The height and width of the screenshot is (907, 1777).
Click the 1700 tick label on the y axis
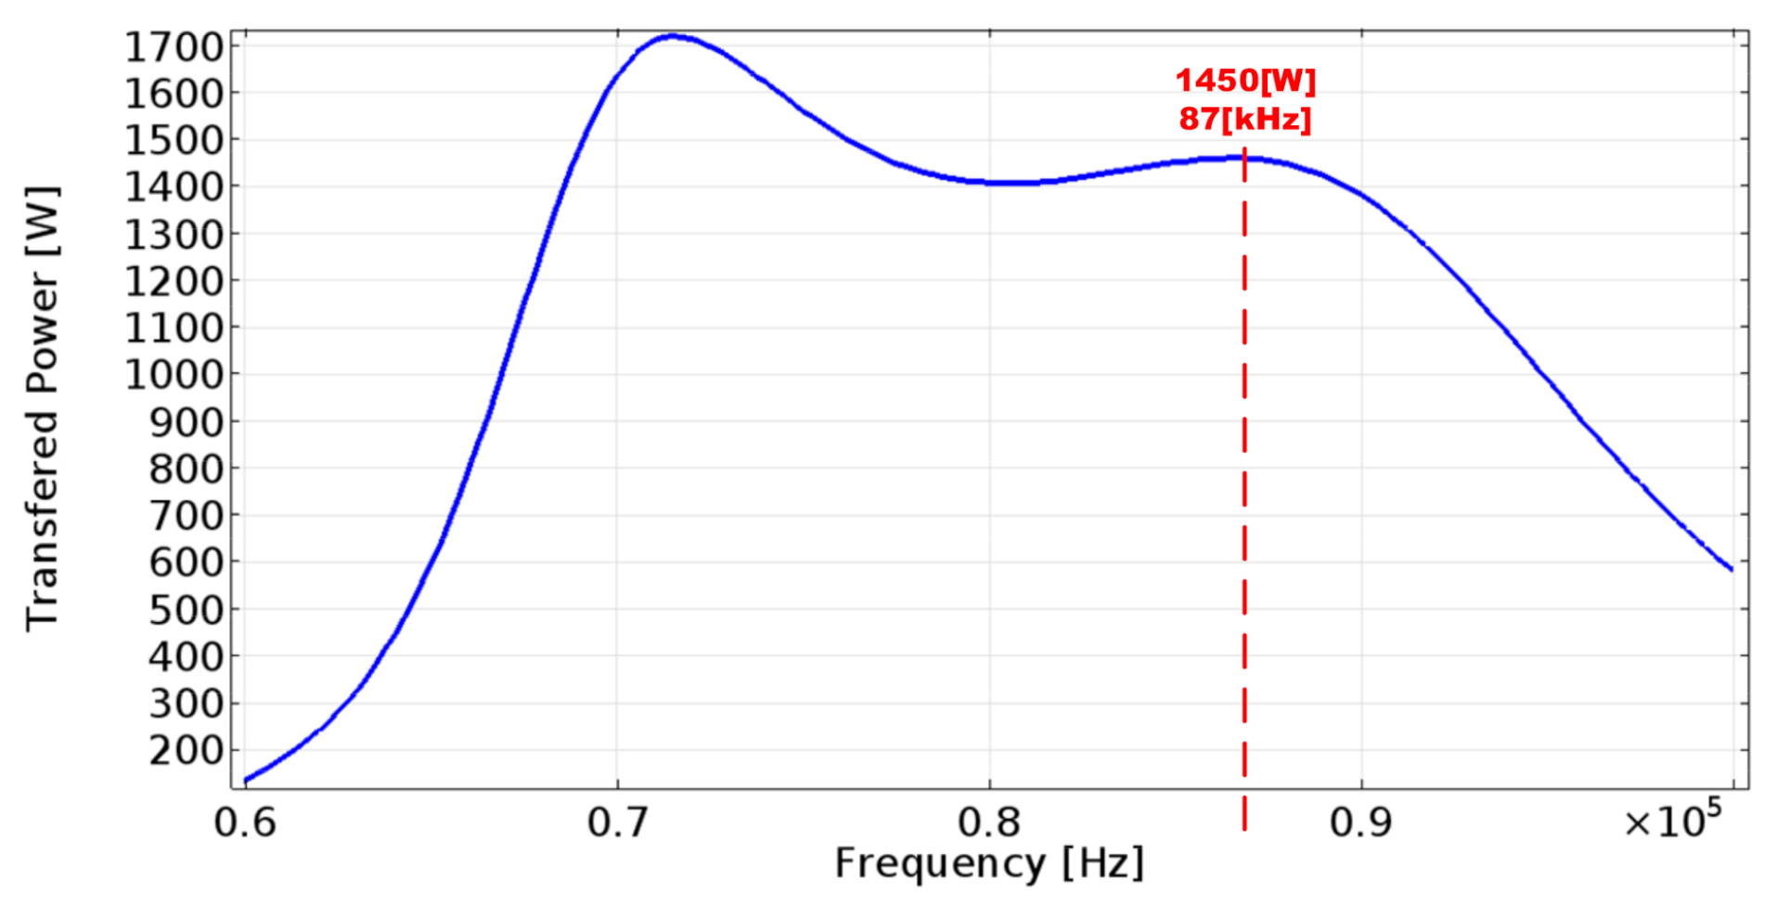tap(174, 46)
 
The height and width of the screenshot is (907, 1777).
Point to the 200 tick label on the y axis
tap(187, 750)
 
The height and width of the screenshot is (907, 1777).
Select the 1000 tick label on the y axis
tap(174, 375)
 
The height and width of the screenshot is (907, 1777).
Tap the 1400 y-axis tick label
tap(174, 188)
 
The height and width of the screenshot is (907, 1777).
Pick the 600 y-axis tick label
tap(187, 563)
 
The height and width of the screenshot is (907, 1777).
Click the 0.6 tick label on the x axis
tap(245, 823)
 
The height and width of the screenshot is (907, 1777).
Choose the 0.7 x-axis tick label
tap(617, 823)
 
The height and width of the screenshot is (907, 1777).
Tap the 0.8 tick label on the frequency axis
tap(989, 823)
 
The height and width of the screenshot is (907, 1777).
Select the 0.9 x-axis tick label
tap(1361, 823)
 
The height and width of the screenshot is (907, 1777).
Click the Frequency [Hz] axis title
tap(989, 863)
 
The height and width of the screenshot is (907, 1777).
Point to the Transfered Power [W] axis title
tap(43, 408)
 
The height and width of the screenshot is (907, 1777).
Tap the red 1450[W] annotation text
tap(1245, 81)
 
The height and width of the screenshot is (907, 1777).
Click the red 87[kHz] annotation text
tap(1245, 119)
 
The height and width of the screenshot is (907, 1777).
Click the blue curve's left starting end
tap(246, 780)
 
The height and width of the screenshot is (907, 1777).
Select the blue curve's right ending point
tap(1732, 569)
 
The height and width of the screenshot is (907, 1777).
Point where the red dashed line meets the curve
tap(1244, 159)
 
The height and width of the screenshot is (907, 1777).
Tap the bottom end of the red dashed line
tap(1244, 826)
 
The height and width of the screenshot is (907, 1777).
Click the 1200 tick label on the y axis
tap(174, 281)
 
